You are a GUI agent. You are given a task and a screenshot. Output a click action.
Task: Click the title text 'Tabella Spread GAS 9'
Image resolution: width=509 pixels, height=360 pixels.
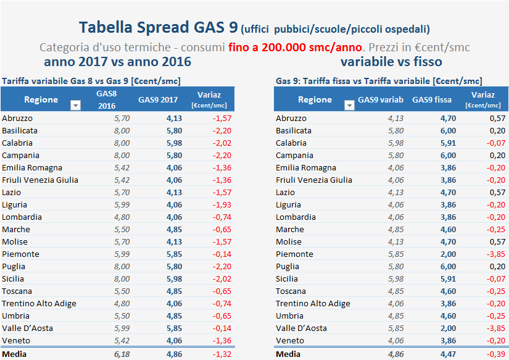pyautogui.click(x=159, y=28)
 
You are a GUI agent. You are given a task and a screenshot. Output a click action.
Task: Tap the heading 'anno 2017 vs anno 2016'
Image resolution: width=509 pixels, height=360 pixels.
pyautogui.click(x=117, y=62)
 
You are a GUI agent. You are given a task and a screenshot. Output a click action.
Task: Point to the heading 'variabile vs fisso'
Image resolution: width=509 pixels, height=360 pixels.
pyautogui.click(x=391, y=62)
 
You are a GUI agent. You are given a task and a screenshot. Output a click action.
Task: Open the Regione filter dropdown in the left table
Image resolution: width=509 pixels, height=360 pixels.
pyautogui.click(x=75, y=106)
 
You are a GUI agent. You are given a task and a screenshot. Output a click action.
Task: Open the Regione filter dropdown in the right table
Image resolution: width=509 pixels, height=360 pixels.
pyautogui.click(x=349, y=106)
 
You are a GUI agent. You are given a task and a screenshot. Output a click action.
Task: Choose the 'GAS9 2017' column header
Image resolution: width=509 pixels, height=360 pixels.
pyautogui.click(x=157, y=100)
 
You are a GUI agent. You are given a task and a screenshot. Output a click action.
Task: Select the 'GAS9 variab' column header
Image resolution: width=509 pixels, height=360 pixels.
pyautogui.click(x=381, y=100)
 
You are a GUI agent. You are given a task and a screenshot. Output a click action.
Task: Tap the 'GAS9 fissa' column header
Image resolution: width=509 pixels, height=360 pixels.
pyautogui.click(x=432, y=100)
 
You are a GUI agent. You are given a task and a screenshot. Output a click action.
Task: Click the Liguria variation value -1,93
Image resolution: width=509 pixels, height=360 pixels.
pyautogui.click(x=221, y=204)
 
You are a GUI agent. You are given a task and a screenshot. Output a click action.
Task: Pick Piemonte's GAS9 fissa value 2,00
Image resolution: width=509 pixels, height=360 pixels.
pyautogui.click(x=448, y=254)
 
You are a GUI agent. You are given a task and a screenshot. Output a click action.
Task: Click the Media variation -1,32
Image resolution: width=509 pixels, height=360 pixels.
pyautogui.click(x=221, y=354)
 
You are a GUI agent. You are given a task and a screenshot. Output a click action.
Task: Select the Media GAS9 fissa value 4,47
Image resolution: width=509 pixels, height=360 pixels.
pyautogui.click(x=448, y=354)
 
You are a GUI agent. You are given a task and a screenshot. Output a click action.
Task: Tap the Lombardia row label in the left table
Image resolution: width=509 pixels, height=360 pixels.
pyautogui.click(x=22, y=217)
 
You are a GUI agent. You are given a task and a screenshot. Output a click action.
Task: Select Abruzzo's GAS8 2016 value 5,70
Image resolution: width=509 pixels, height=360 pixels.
pyautogui.click(x=122, y=118)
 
